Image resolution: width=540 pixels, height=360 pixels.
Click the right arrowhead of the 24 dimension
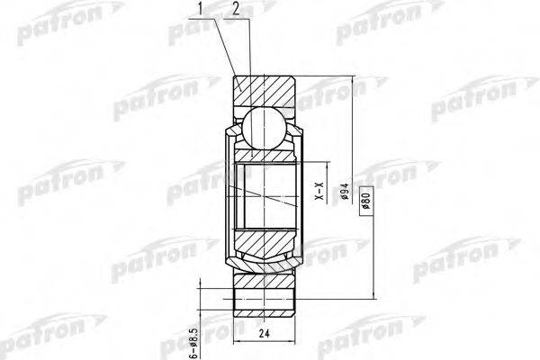click(x=292, y=340)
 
